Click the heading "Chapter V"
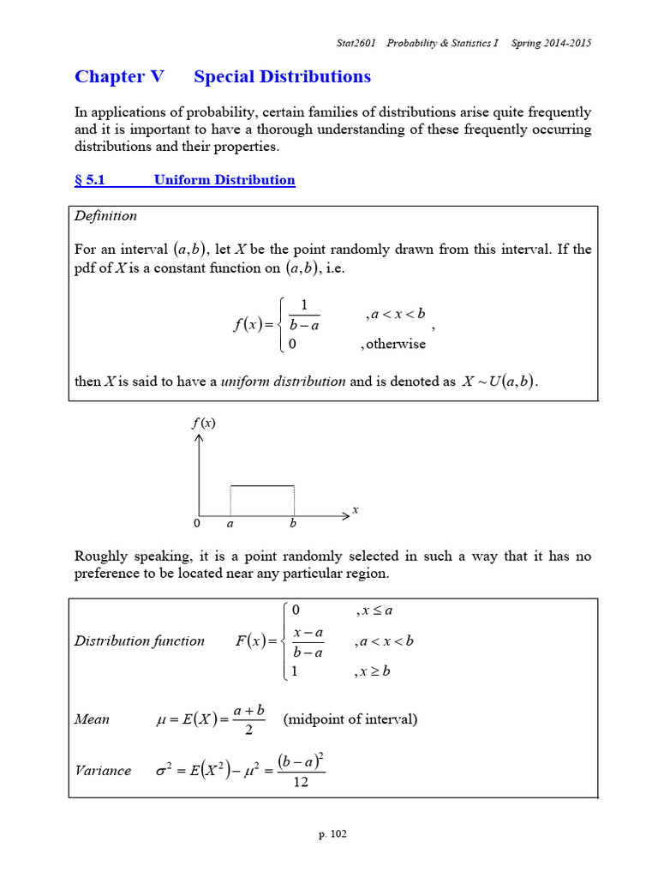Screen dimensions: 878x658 (119, 76)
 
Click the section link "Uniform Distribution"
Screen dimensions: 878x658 (224, 180)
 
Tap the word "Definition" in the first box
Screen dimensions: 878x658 (106, 215)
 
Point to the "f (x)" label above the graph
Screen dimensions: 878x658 (203, 422)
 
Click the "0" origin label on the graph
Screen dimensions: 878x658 (196, 523)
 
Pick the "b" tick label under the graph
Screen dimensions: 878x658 (293, 523)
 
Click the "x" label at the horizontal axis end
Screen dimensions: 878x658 (356, 509)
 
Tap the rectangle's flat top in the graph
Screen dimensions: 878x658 (262, 486)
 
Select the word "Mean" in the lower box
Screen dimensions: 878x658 (92, 719)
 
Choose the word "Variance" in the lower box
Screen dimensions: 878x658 (103, 770)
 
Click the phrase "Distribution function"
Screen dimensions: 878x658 (140, 640)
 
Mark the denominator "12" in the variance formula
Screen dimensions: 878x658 (301, 783)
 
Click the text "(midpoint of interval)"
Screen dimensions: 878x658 (350, 719)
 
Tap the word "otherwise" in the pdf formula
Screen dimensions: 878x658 (396, 344)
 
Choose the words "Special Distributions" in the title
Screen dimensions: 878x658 (283, 76)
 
